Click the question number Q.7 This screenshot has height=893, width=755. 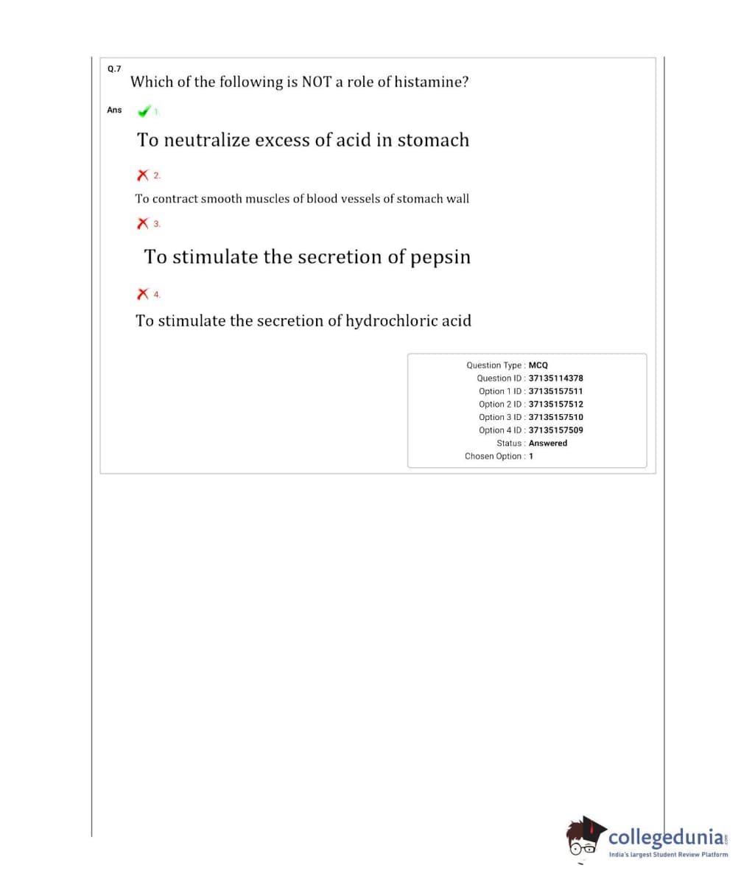coord(113,69)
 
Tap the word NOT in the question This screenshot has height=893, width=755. coord(317,82)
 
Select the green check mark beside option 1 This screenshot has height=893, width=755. coord(144,111)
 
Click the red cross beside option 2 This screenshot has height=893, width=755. coord(143,175)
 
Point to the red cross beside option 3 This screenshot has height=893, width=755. coord(143,223)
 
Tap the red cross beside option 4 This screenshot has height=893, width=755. coord(143,294)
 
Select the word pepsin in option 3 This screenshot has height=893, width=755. coord(440,257)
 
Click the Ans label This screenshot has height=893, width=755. coord(114,110)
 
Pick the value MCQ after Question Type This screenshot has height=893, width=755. coord(538,365)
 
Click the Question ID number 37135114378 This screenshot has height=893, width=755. coord(555,378)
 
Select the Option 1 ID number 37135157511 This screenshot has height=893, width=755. coord(555,391)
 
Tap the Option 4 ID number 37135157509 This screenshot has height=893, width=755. coord(555,430)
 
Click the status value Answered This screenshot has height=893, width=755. coord(548,443)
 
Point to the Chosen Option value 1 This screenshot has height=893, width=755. coord(531,456)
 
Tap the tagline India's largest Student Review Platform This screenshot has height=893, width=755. coord(668,855)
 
